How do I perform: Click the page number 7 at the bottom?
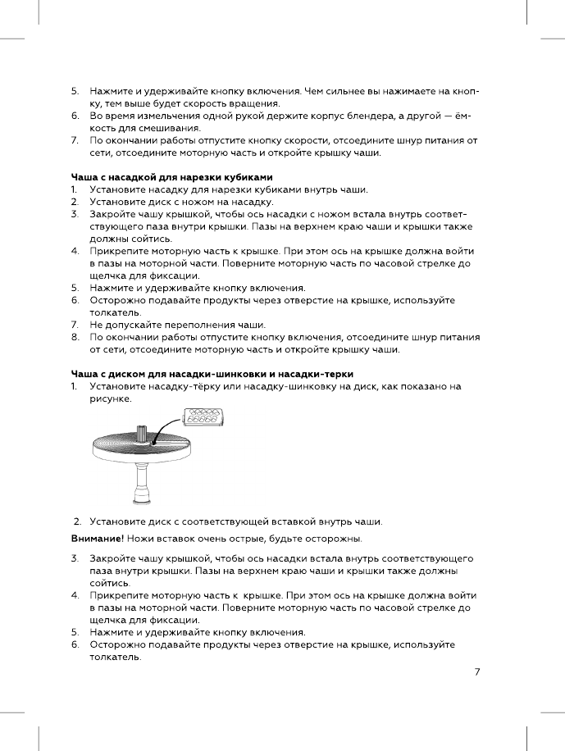pos(476,672)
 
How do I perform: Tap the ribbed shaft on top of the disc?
pos(141,433)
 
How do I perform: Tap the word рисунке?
pos(110,398)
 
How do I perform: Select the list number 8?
pos(74,337)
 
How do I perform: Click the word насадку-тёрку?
pos(180,385)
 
